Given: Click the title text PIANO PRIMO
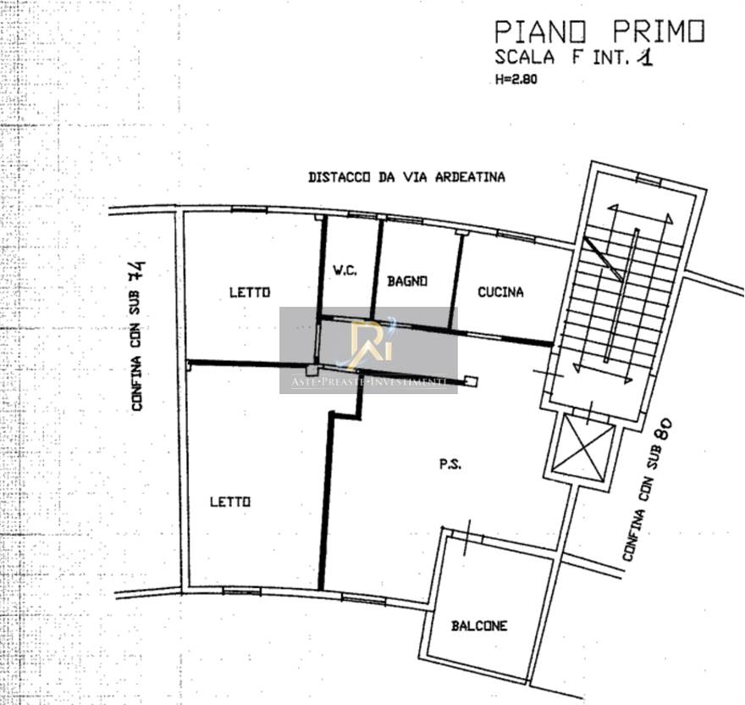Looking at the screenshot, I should point(599,32).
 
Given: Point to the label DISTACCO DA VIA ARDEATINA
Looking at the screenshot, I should point(406,177).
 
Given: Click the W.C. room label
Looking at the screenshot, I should point(344,270).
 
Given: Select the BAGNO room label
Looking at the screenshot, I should point(407,280).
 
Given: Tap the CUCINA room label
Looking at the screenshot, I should point(500,292).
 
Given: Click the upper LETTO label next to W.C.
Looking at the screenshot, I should point(250,292).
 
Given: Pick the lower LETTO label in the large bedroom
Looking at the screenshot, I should point(230,502).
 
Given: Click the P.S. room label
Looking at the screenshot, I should point(450,464).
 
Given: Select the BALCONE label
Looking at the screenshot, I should point(479,625).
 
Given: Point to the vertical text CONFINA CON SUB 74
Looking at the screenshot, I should point(137,336).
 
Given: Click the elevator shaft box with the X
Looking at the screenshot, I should point(582,447).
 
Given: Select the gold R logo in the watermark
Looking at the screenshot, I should point(369,342).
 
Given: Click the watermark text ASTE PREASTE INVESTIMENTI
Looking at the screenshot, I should point(368,384).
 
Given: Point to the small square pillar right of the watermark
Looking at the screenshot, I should point(472,382).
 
